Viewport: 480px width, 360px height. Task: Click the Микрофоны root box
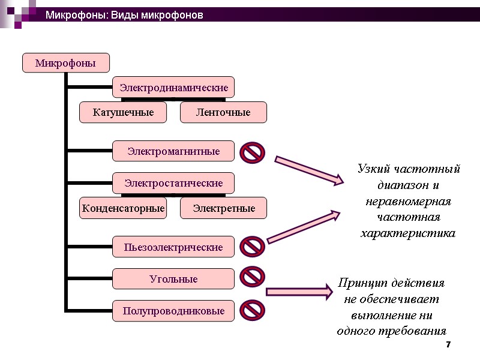click(66, 63)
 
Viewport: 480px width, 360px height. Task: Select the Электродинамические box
click(173, 88)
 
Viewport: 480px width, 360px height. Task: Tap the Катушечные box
click(123, 112)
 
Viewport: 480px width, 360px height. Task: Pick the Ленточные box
click(223, 112)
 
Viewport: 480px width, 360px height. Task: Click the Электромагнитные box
click(173, 151)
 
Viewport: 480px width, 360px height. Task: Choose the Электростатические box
click(173, 183)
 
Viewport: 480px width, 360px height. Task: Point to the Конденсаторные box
click(123, 208)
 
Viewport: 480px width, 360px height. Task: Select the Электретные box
click(223, 208)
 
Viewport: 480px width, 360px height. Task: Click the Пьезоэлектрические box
click(173, 247)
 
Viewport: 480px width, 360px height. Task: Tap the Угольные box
click(173, 279)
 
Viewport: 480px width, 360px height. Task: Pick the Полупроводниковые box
click(173, 311)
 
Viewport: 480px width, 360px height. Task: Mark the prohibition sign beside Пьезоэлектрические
click(253, 247)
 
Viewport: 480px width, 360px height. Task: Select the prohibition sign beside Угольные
click(253, 277)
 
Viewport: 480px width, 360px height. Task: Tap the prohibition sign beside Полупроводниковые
click(253, 310)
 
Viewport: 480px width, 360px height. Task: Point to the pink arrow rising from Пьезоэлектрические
click(304, 227)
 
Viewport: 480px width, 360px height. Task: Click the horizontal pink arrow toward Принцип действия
click(298, 292)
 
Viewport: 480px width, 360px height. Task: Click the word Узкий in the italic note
click(373, 169)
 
